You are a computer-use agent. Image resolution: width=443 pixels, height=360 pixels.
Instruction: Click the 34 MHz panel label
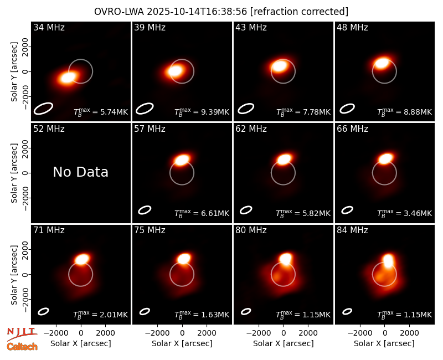point(49,27)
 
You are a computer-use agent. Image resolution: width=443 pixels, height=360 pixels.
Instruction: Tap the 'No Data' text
point(80,172)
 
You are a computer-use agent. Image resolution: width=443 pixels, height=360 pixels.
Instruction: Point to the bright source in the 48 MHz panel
point(382,63)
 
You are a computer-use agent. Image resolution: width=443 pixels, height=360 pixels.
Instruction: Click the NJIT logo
point(22,333)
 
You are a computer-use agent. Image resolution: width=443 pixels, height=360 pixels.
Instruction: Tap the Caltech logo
point(22,347)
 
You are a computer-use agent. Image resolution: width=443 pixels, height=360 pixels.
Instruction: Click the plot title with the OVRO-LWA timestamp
point(221,12)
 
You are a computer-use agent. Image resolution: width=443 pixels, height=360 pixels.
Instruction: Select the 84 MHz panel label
point(352,230)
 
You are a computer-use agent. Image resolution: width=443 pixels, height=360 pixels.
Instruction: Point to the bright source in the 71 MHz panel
point(82,259)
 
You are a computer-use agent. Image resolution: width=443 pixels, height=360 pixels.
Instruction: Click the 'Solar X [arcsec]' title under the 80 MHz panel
point(284,343)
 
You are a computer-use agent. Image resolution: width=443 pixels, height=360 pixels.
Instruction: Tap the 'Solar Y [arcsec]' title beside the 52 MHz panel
point(14,173)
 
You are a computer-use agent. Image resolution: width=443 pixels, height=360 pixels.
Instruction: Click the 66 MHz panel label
point(352,129)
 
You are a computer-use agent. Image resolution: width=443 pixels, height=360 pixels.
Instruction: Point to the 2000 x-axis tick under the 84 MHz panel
point(410,333)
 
